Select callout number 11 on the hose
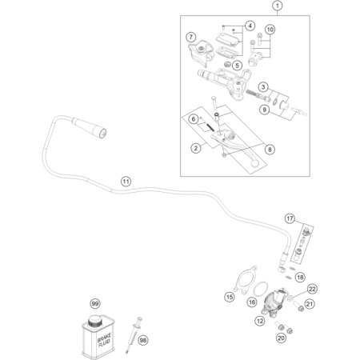126,182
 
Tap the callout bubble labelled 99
95,305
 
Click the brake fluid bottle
98,336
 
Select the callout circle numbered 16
252,302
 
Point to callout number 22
313,289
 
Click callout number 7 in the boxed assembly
191,37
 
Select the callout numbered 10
270,30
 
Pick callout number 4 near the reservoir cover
250,26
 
